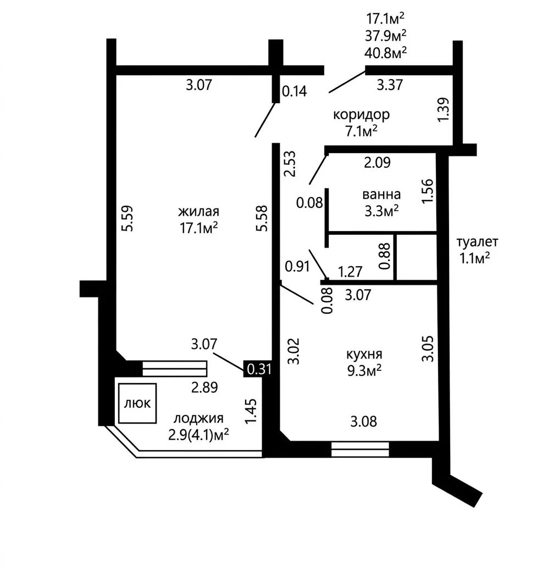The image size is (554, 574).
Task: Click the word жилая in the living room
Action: point(198,212)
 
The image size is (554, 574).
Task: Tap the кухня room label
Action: point(364,354)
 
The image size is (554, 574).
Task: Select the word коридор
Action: point(361,115)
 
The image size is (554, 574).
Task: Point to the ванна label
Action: point(381,194)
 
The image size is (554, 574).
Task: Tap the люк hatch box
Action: point(137,403)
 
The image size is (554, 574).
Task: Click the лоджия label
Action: point(198,418)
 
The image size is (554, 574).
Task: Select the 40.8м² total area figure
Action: point(385,53)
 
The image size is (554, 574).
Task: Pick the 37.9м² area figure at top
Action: point(385,36)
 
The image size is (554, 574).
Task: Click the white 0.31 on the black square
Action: point(259,369)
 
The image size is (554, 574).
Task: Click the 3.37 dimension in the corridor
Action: point(390,85)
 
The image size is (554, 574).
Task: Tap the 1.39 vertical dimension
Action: point(443,109)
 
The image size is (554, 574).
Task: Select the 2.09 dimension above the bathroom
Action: point(377,162)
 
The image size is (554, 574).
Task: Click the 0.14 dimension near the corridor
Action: point(294,91)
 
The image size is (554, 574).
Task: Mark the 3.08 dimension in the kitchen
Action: point(363,421)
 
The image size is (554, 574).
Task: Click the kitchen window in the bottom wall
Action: point(359,449)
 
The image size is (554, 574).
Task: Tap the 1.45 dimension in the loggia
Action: point(251,412)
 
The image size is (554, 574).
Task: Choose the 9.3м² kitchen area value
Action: point(364,370)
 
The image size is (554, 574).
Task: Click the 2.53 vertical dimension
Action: point(291,164)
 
